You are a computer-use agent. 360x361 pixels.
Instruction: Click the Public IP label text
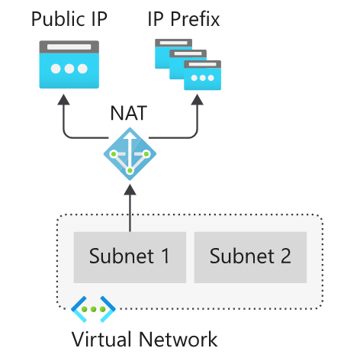tap(69, 19)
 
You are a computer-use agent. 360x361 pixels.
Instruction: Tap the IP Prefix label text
tap(184, 19)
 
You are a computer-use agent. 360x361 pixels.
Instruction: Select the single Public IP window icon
tap(69, 64)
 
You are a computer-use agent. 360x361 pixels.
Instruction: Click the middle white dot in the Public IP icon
tap(69, 69)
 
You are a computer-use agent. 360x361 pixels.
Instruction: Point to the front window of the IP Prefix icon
tap(202, 76)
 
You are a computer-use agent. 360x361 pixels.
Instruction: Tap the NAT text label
tap(129, 113)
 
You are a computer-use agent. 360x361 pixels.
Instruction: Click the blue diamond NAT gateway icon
tap(130, 154)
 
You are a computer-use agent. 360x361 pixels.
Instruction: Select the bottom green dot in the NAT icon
tap(130, 171)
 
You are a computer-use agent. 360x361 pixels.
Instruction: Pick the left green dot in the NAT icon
tap(114, 154)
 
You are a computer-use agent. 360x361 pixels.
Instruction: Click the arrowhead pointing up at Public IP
tap(63, 99)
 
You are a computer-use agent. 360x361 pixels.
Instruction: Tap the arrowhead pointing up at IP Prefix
tap(198, 99)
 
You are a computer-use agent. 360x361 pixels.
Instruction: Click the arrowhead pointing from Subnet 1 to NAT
tap(130, 190)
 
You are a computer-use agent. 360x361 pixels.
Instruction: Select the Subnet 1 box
tap(130, 257)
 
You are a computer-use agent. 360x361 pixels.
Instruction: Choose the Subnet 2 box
tap(250, 257)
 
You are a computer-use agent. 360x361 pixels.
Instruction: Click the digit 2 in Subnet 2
tap(286, 256)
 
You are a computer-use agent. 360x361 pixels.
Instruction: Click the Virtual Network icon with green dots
tap(93, 309)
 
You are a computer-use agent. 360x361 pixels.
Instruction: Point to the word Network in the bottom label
tap(178, 339)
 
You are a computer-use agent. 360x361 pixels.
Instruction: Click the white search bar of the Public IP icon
tap(69, 47)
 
